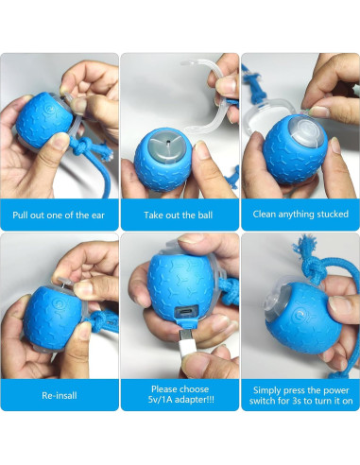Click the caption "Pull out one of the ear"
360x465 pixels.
[x=60, y=215]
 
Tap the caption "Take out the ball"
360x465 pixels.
[x=180, y=215]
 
